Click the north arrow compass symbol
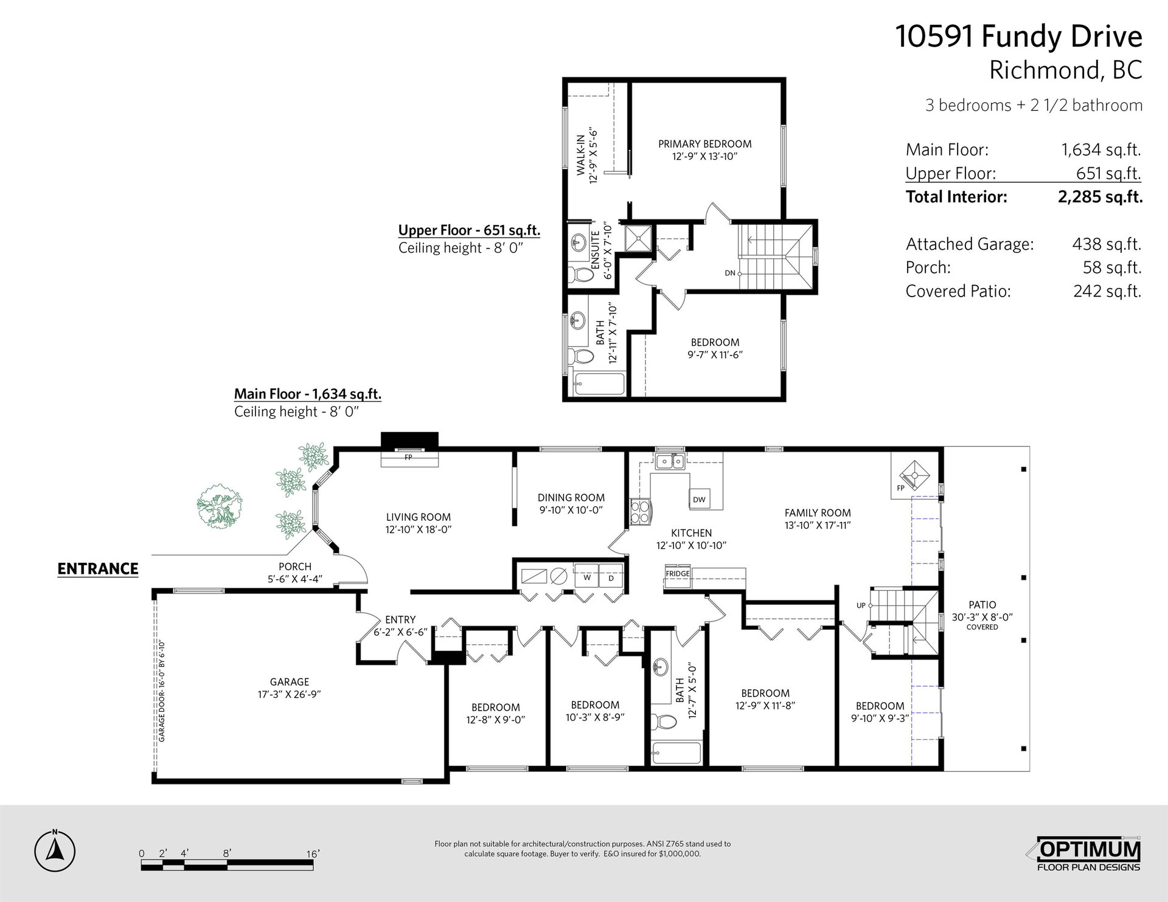tap(55, 850)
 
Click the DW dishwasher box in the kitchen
tap(699, 499)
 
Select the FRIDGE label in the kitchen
tap(678, 573)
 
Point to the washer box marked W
tap(587, 577)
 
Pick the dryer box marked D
tap(611, 577)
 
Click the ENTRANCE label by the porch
tap(98, 569)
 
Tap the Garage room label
tap(290, 682)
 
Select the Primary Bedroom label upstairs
tap(704, 144)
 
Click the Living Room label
tap(419, 517)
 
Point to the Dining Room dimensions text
tap(571, 511)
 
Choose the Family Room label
tap(818, 513)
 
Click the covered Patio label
tap(982, 605)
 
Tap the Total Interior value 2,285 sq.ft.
tap(1100, 197)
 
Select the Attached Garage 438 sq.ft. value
tap(1107, 244)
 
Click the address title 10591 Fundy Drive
tap(1019, 36)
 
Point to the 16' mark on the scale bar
tap(313, 854)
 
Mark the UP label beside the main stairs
tap(861, 605)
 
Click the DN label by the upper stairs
tap(730, 273)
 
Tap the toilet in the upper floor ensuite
tap(582, 275)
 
